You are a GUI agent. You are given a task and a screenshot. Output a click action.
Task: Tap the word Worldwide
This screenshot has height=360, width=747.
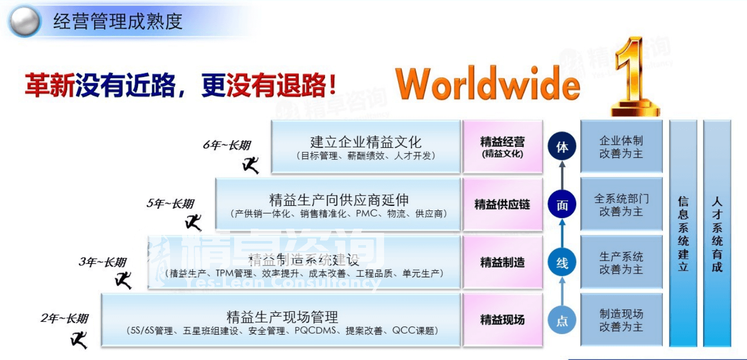(x=487, y=84)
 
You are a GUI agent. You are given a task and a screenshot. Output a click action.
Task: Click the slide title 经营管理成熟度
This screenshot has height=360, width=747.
(x=118, y=21)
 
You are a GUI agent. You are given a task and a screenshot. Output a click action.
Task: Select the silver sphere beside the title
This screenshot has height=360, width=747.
(x=24, y=21)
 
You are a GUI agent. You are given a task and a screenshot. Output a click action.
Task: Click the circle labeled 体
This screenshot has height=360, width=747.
(x=562, y=147)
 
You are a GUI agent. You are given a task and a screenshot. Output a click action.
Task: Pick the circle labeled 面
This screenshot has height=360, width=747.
(x=562, y=205)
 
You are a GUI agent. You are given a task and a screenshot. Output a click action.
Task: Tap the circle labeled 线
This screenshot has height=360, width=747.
(x=562, y=263)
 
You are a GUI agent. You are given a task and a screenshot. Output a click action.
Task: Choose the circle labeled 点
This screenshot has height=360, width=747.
(x=562, y=321)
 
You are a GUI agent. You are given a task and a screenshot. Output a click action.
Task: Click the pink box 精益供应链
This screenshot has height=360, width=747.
(x=502, y=204)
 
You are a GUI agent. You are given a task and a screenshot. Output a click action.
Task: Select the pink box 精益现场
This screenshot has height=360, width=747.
(x=502, y=320)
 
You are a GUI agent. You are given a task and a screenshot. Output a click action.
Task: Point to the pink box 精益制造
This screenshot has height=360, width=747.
(x=502, y=262)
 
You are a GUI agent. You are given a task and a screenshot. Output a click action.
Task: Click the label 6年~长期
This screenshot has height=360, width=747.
(x=226, y=145)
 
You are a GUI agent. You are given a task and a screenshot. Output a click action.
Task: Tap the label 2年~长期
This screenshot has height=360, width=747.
(x=65, y=319)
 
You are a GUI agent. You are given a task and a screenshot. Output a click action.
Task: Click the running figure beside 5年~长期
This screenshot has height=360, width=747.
(x=193, y=222)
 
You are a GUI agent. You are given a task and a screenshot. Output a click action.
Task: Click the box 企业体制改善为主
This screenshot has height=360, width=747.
(x=621, y=147)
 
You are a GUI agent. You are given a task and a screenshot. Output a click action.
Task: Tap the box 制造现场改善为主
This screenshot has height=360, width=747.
(x=621, y=320)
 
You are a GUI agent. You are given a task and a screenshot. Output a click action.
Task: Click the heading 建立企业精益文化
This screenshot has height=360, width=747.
(x=366, y=142)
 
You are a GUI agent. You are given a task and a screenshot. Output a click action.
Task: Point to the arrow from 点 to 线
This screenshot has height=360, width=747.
(x=562, y=292)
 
